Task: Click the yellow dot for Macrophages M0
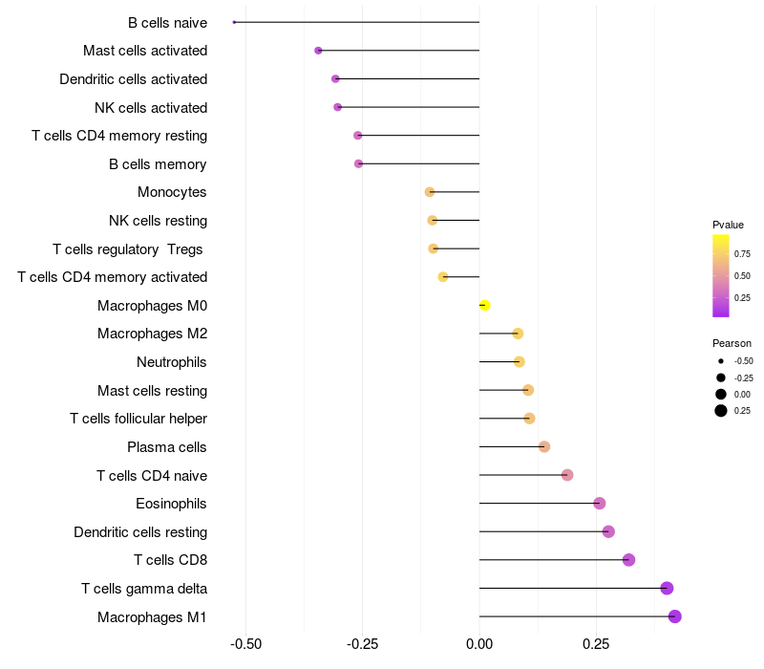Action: coord(484,305)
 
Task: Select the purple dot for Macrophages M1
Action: coord(675,616)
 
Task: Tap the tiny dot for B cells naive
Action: coord(234,22)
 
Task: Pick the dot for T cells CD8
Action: coord(628,560)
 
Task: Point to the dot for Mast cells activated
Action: coord(318,51)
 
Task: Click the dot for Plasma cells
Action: coord(544,446)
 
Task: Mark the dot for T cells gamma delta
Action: coord(667,588)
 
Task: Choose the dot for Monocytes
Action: coord(430,192)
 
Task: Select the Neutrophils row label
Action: coord(172,362)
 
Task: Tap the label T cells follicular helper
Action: coord(138,419)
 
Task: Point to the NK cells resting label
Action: coord(158,221)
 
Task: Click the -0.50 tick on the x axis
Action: coord(246,643)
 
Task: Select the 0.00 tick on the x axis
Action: coord(479,643)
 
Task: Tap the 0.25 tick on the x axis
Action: coord(596,643)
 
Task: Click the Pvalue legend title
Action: coord(728,225)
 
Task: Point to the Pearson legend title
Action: coord(732,343)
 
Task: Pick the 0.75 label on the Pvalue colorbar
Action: coord(742,253)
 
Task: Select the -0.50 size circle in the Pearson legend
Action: coord(721,361)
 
